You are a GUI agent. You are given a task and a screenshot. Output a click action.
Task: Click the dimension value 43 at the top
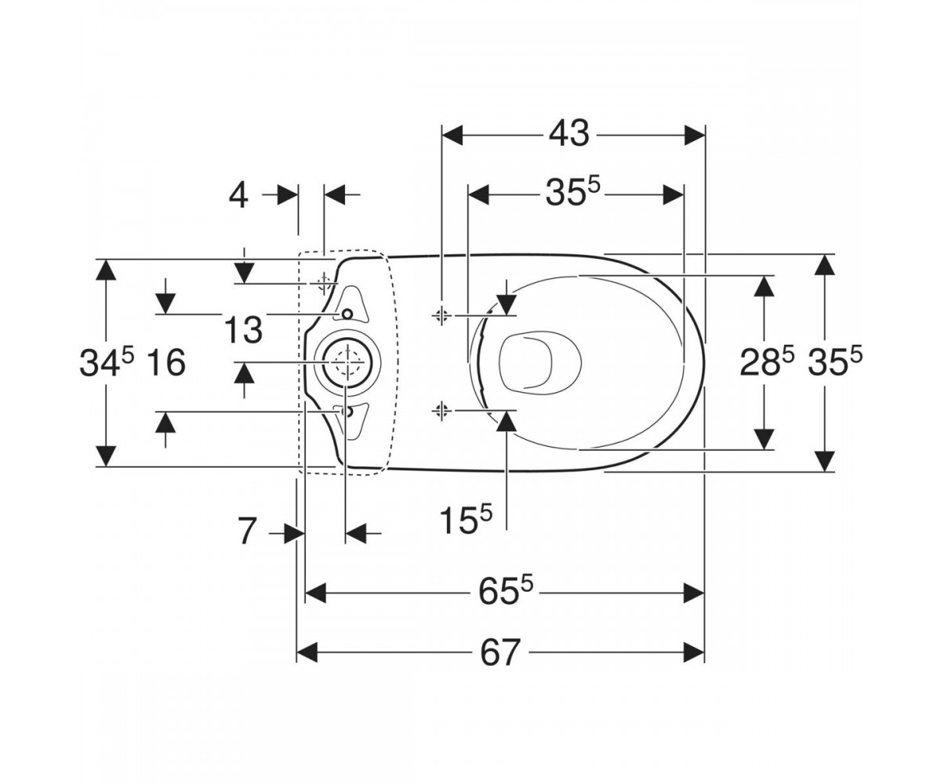click(569, 133)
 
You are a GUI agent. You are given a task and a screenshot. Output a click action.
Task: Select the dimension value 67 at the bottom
click(500, 653)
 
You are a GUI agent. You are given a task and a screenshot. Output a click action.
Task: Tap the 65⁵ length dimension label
click(506, 590)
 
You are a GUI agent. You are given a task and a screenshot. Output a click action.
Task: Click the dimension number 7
click(248, 532)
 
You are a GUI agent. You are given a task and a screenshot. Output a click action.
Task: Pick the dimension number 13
click(243, 330)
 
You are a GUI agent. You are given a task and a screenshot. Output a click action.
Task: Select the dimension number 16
click(166, 363)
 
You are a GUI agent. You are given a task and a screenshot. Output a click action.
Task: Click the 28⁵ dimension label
click(767, 361)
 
